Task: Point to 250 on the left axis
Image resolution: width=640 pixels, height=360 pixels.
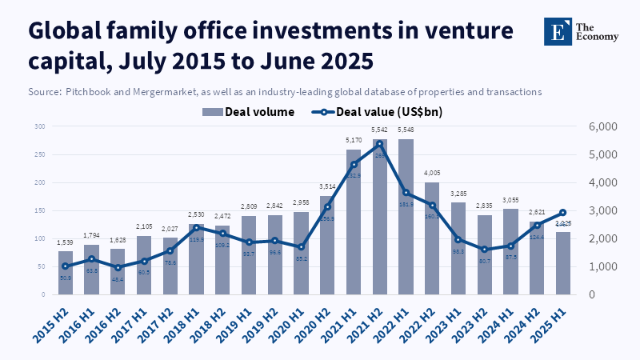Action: (x=39, y=154)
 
